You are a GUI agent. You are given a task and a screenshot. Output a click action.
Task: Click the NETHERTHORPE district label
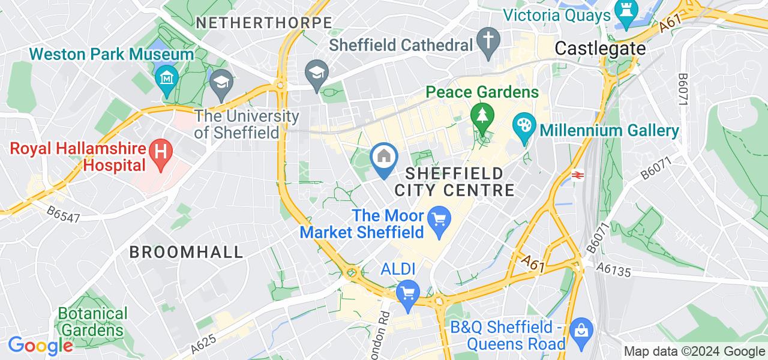(x=264, y=23)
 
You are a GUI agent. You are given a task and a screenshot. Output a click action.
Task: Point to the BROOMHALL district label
(x=187, y=252)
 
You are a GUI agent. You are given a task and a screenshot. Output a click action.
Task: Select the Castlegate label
(x=601, y=48)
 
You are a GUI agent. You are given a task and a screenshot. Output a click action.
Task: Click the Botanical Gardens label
(x=92, y=322)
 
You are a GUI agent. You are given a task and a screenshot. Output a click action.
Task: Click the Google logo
(x=40, y=346)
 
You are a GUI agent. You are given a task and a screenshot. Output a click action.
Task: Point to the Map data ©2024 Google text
(x=694, y=352)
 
